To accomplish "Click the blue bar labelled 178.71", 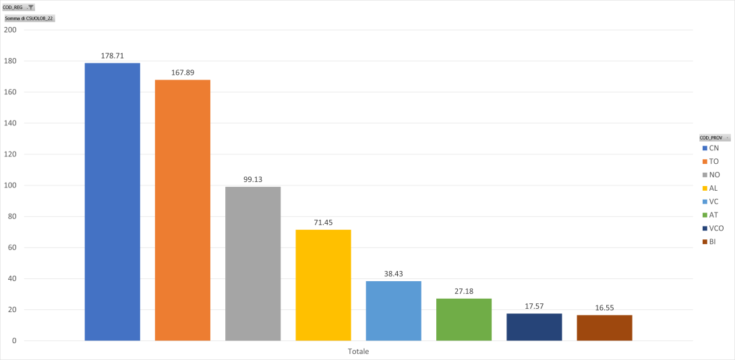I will click(x=112, y=202).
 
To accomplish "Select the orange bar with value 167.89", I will click(x=182, y=210).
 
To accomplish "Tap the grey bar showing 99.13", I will click(x=253, y=263).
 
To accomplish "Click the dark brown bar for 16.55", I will click(x=604, y=328).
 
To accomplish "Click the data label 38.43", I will click(x=393, y=274).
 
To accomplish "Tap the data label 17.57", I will click(x=534, y=306).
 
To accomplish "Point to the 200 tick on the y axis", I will click(x=10, y=30).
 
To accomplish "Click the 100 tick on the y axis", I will click(x=10, y=185).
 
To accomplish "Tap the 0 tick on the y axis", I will click(x=13, y=340).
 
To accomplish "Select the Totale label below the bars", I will click(x=358, y=351).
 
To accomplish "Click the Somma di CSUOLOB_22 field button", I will click(x=29, y=18).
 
